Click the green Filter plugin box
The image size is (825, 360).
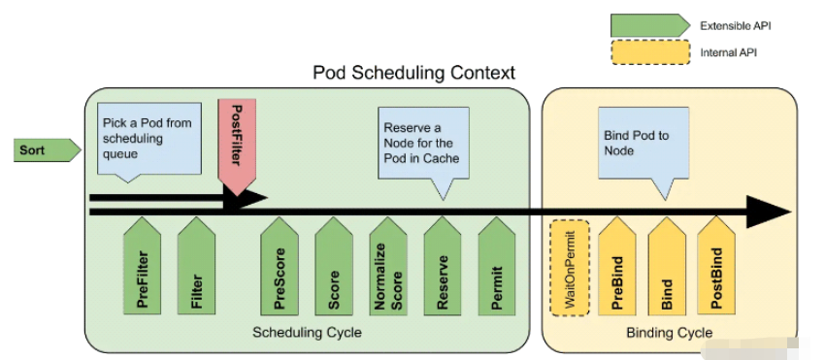click(197, 266)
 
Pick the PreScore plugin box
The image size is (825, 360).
click(280, 266)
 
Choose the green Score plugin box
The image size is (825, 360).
click(334, 266)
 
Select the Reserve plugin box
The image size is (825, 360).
click(443, 266)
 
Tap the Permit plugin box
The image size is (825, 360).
click(497, 266)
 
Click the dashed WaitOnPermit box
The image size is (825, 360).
click(569, 267)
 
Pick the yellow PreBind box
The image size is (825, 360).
click(617, 266)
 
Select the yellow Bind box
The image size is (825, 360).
click(667, 266)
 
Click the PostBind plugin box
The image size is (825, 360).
click(716, 266)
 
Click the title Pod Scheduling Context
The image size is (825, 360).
click(413, 73)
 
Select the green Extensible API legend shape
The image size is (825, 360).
click(648, 25)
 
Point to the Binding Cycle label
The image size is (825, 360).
click(669, 334)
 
